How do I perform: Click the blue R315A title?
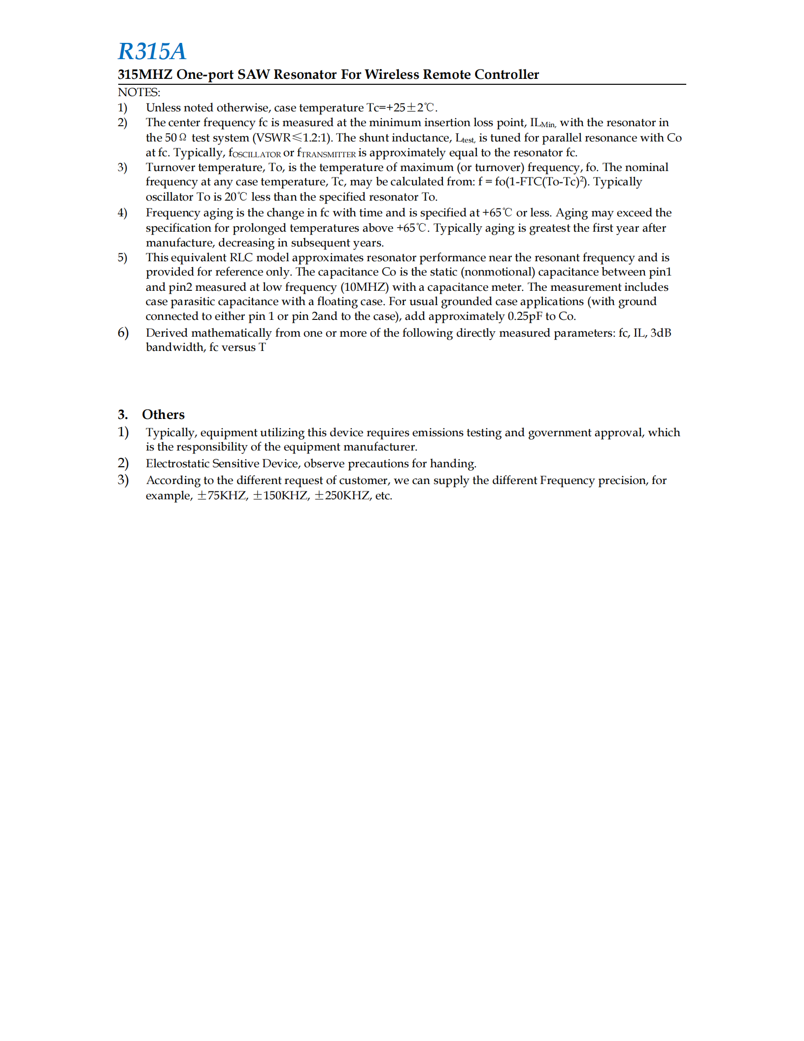[x=152, y=51]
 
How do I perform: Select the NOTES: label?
[x=139, y=92]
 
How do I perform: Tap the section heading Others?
[x=163, y=415]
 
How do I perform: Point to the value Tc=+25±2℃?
[x=402, y=107]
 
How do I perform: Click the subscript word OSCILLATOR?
[x=256, y=154]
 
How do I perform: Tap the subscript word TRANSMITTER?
[x=328, y=154]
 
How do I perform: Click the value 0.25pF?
[x=525, y=316]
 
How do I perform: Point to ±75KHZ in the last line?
[x=221, y=495]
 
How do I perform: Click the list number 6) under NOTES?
[x=123, y=333]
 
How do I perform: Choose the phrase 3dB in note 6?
[x=661, y=333]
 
